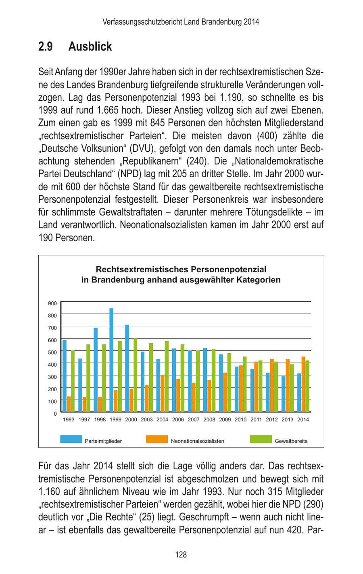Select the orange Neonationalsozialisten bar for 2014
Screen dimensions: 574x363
303,384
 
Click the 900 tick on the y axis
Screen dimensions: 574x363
52,303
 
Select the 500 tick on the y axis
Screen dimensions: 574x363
52,352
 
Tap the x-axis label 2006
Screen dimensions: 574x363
178,420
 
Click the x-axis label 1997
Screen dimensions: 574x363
84,420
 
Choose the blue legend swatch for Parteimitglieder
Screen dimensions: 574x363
71,439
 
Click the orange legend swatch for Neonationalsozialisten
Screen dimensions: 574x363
156,439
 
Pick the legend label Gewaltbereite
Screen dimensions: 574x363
291,441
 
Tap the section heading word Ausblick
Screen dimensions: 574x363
90,47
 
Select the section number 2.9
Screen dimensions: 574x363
46,47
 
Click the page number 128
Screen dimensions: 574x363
181,555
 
